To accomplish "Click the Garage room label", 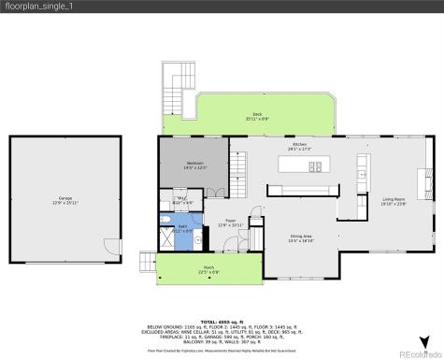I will (65, 198).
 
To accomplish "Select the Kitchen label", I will (299, 146).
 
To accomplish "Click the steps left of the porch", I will (148, 263).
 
